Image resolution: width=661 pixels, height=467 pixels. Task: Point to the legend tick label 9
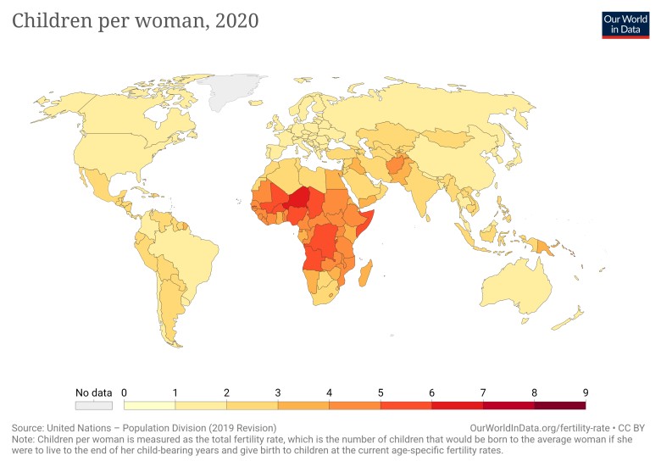click(586, 392)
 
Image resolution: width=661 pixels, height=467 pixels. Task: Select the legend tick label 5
click(380, 392)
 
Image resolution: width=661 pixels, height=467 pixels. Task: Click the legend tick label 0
click(125, 392)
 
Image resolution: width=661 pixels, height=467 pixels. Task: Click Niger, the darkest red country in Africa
click(298, 198)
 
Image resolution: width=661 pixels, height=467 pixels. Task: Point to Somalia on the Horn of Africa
click(366, 223)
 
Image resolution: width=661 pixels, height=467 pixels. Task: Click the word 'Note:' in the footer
click(26, 441)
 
